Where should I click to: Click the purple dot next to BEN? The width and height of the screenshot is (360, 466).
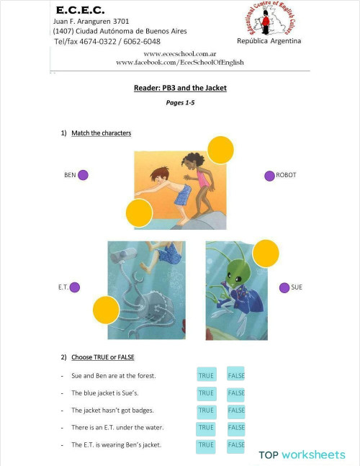click(83, 174)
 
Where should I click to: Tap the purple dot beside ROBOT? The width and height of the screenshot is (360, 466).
click(269, 175)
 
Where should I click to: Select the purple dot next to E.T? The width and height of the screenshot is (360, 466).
click(75, 287)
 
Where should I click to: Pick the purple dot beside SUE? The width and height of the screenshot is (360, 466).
click(284, 287)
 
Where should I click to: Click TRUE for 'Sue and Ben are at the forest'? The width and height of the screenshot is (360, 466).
click(206, 375)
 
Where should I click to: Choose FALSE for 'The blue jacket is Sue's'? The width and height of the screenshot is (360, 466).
click(236, 393)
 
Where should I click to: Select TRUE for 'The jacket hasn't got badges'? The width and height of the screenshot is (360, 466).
click(206, 410)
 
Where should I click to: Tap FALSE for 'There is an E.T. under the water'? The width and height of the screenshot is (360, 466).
click(236, 427)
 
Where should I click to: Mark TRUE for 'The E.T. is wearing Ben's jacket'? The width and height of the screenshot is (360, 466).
click(206, 444)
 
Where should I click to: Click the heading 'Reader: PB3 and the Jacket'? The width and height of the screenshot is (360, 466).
click(180, 88)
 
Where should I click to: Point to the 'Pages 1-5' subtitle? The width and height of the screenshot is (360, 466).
click(180, 103)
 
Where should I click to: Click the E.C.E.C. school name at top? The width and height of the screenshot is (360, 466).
click(81, 11)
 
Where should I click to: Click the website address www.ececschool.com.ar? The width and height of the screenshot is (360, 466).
click(180, 54)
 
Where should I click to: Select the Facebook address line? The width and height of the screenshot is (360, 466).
click(180, 63)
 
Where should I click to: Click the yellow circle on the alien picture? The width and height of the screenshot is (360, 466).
click(266, 254)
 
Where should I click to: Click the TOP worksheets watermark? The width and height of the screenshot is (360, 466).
click(302, 454)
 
